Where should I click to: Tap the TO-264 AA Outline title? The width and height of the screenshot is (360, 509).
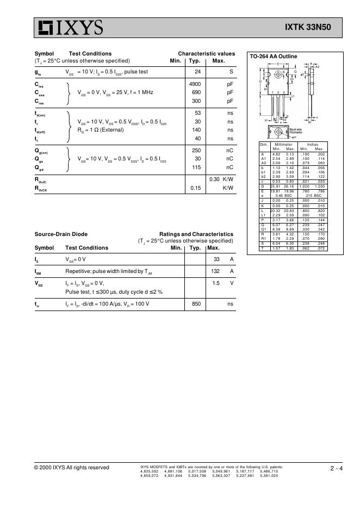click(273, 56)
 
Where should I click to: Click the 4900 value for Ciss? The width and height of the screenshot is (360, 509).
click(195, 84)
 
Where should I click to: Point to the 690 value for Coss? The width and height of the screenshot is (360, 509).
click(197, 92)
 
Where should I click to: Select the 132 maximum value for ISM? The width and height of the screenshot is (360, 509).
click(216, 271)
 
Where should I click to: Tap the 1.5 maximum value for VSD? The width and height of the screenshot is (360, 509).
click(216, 283)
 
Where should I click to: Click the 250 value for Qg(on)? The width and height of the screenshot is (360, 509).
click(197, 150)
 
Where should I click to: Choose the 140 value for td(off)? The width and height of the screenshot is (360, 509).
click(197, 130)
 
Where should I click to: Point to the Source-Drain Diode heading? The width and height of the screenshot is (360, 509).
click(61, 234)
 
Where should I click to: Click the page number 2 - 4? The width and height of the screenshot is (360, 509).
click(336, 468)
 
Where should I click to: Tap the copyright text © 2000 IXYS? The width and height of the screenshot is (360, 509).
click(71, 468)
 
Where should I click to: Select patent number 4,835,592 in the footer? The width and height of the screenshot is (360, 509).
click(149, 471)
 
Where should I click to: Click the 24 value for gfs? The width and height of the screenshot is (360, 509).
click(198, 72)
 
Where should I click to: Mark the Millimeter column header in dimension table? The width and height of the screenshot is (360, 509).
click(283, 145)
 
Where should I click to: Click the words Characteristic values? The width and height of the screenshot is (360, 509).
click(207, 53)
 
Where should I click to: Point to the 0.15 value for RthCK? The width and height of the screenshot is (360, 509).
click(196, 188)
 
